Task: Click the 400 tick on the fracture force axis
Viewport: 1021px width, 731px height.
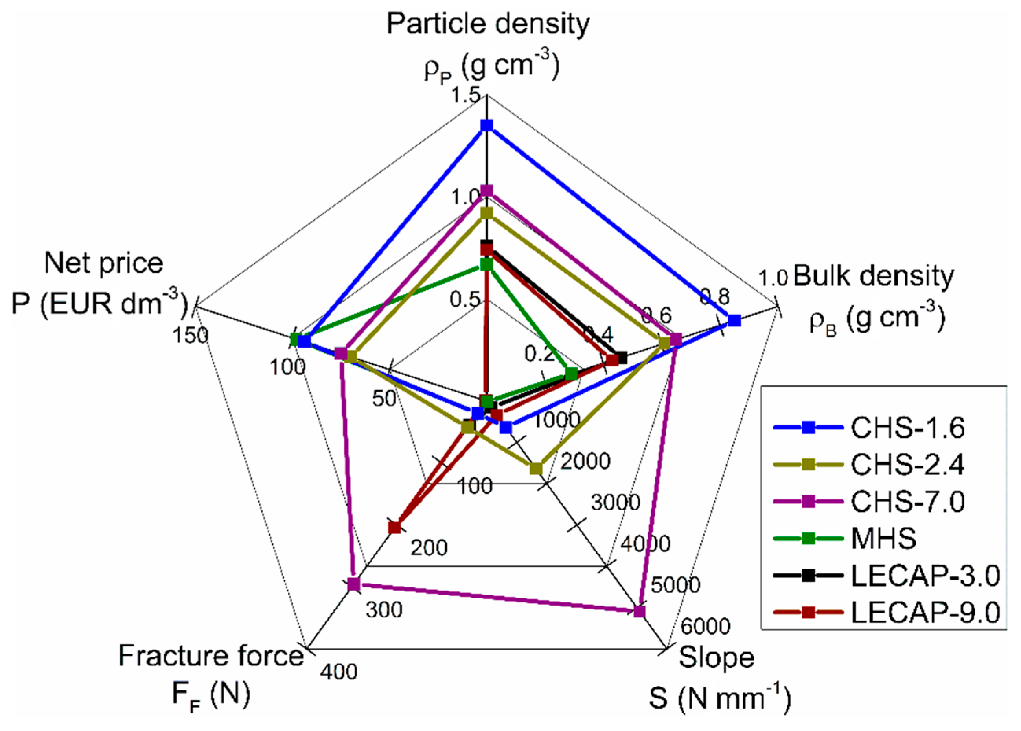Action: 338,672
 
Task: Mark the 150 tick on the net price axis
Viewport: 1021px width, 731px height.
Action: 191,335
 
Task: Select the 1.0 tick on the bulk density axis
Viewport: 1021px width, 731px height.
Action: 773,278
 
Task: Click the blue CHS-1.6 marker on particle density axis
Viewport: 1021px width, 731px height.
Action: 486,125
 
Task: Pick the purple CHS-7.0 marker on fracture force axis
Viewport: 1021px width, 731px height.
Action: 354,584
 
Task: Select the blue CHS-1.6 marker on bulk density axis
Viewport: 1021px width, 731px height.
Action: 734,320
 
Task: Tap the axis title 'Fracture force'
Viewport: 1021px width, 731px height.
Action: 211,656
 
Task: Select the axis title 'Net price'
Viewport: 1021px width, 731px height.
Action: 103,263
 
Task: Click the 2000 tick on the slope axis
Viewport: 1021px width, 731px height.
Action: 585,461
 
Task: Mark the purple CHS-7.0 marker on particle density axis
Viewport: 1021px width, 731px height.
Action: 486,191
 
